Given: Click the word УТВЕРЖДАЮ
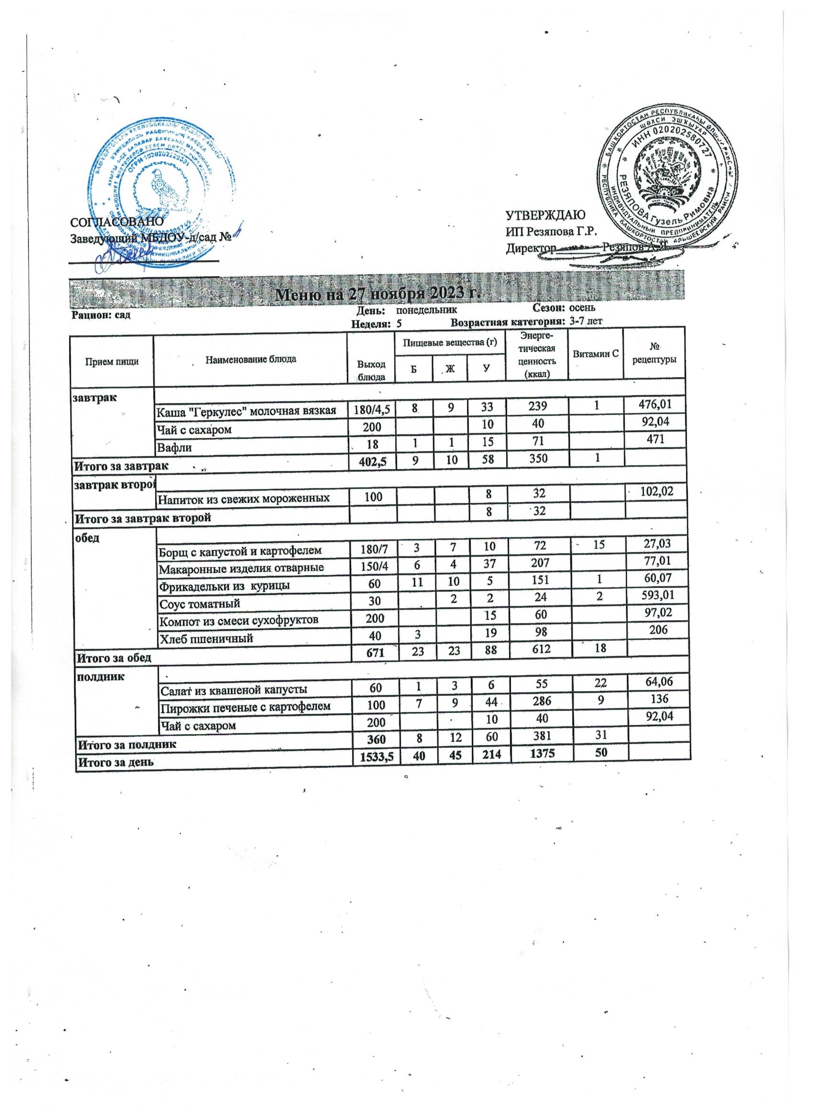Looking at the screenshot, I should (545, 215).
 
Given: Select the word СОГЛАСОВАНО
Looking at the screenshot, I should (117, 222).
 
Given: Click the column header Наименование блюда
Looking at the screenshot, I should (251, 358).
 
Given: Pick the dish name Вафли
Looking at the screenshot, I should (174, 448).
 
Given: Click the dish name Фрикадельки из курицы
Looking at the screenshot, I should (223, 586).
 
